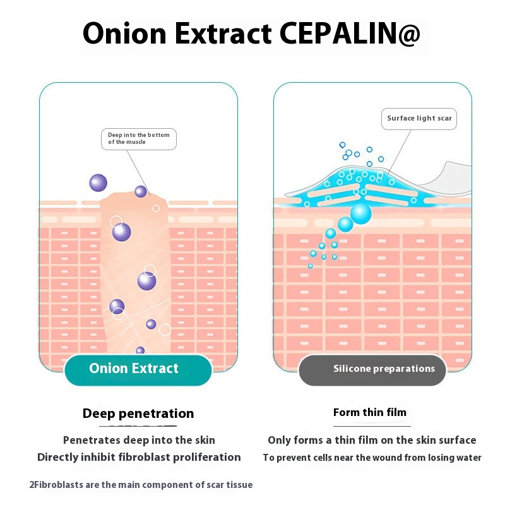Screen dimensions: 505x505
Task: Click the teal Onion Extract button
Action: (x=138, y=369)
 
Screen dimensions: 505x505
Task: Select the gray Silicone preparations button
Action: (x=372, y=369)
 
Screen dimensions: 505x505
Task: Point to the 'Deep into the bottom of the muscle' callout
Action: (x=138, y=139)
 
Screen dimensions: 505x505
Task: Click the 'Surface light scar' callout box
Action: (x=419, y=119)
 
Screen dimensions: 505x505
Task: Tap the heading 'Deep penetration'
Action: (x=138, y=414)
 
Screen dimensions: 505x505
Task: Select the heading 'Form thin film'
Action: (x=370, y=413)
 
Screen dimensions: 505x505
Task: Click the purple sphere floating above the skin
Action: (x=98, y=183)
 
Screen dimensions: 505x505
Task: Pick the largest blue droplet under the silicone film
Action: (x=361, y=213)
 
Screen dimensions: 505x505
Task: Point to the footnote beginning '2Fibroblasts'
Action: (x=141, y=485)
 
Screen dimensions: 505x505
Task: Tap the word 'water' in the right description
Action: (x=468, y=458)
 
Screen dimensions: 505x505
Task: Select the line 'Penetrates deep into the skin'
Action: (x=139, y=440)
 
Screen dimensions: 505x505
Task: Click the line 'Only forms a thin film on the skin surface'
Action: (x=372, y=440)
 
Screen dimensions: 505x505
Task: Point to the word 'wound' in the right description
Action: (x=410, y=458)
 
